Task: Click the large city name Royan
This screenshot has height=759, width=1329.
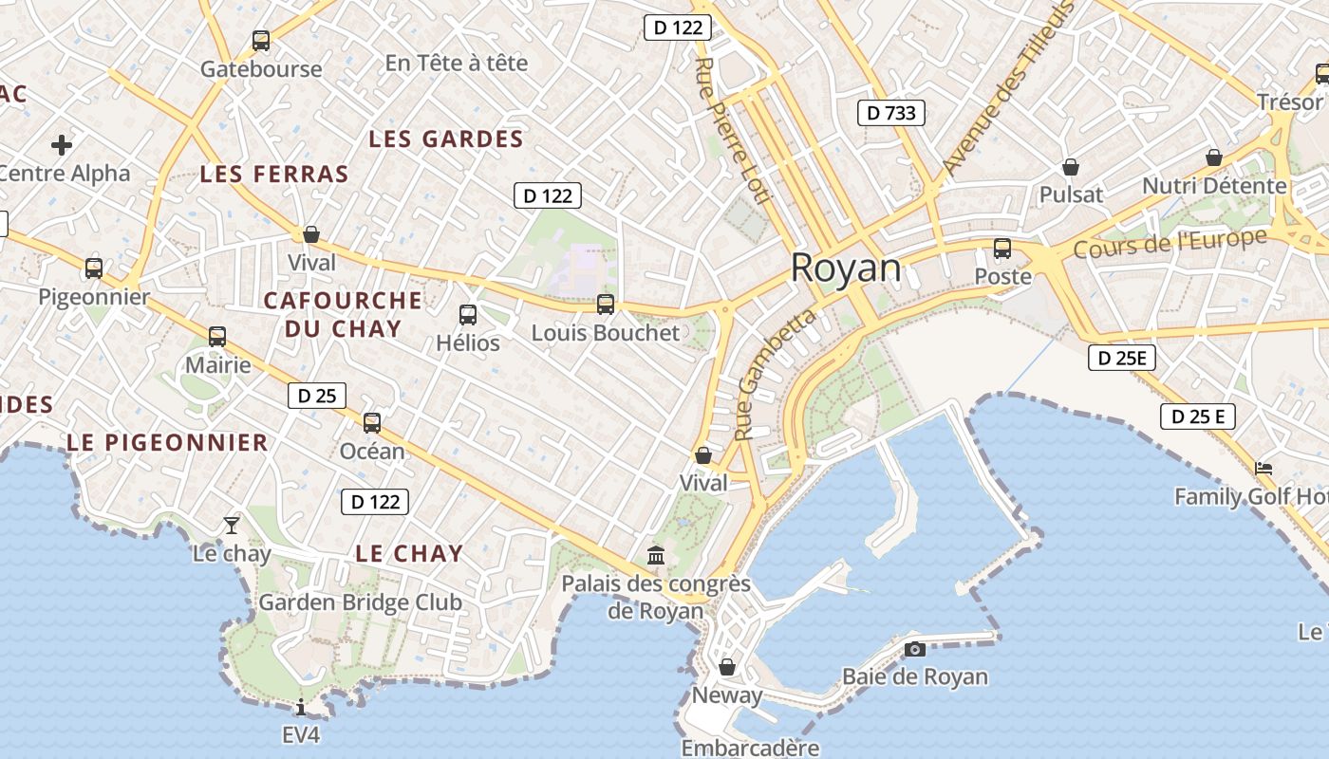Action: (846, 268)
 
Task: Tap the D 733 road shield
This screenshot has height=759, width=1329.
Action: (891, 114)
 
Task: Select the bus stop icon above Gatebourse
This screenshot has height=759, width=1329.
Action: (261, 41)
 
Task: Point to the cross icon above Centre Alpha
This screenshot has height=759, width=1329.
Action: (62, 145)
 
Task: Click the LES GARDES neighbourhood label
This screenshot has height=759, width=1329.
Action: (446, 139)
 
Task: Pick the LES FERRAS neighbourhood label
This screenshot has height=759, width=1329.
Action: (274, 175)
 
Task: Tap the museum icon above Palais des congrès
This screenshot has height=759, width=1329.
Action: (656, 555)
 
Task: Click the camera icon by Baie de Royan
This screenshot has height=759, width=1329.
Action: (914, 649)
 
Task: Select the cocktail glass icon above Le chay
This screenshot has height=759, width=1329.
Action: (232, 525)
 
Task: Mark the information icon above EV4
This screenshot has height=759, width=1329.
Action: (301, 707)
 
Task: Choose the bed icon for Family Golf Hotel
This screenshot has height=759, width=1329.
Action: (1263, 469)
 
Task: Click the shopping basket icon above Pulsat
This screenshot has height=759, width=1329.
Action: (1071, 168)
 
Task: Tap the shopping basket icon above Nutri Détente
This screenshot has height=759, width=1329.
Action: (1213, 157)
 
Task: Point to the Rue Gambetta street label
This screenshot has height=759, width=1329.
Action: (775, 375)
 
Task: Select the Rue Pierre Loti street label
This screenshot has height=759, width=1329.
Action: (731, 130)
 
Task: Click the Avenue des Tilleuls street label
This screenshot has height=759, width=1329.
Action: (1008, 87)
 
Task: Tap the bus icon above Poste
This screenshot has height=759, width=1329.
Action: (1002, 250)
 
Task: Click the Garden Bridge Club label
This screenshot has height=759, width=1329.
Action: (361, 602)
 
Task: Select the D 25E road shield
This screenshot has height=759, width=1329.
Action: (1122, 359)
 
